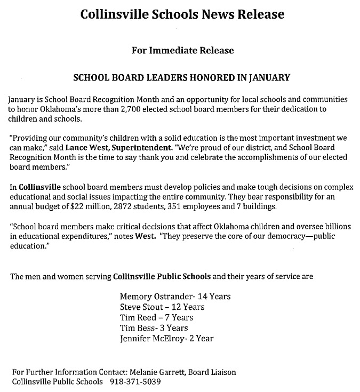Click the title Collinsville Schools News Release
pos(182,14)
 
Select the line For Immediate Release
pos(182,51)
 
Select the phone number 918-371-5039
pos(135,382)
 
